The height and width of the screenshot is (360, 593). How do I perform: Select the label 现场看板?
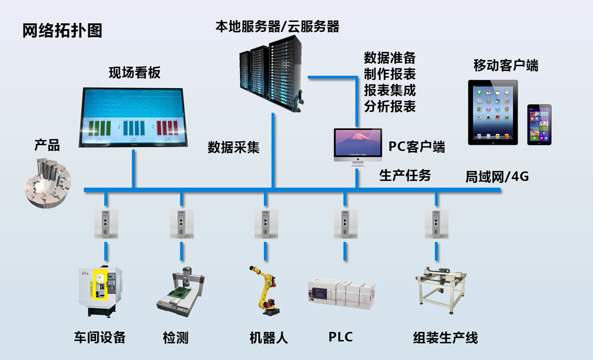click(135, 73)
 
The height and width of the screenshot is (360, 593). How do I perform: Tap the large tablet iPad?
click(493, 112)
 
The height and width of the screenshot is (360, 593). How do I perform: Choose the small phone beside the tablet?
click(539, 124)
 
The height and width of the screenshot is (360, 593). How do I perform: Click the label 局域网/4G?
click(496, 177)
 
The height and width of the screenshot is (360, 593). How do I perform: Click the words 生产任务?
click(405, 176)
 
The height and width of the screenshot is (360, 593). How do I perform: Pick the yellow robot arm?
click(265, 290)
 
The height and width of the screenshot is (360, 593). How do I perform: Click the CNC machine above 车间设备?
click(100, 291)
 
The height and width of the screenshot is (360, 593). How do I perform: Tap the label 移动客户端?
click(506, 66)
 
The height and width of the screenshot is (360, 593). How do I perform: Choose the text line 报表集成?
click(390, 90)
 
